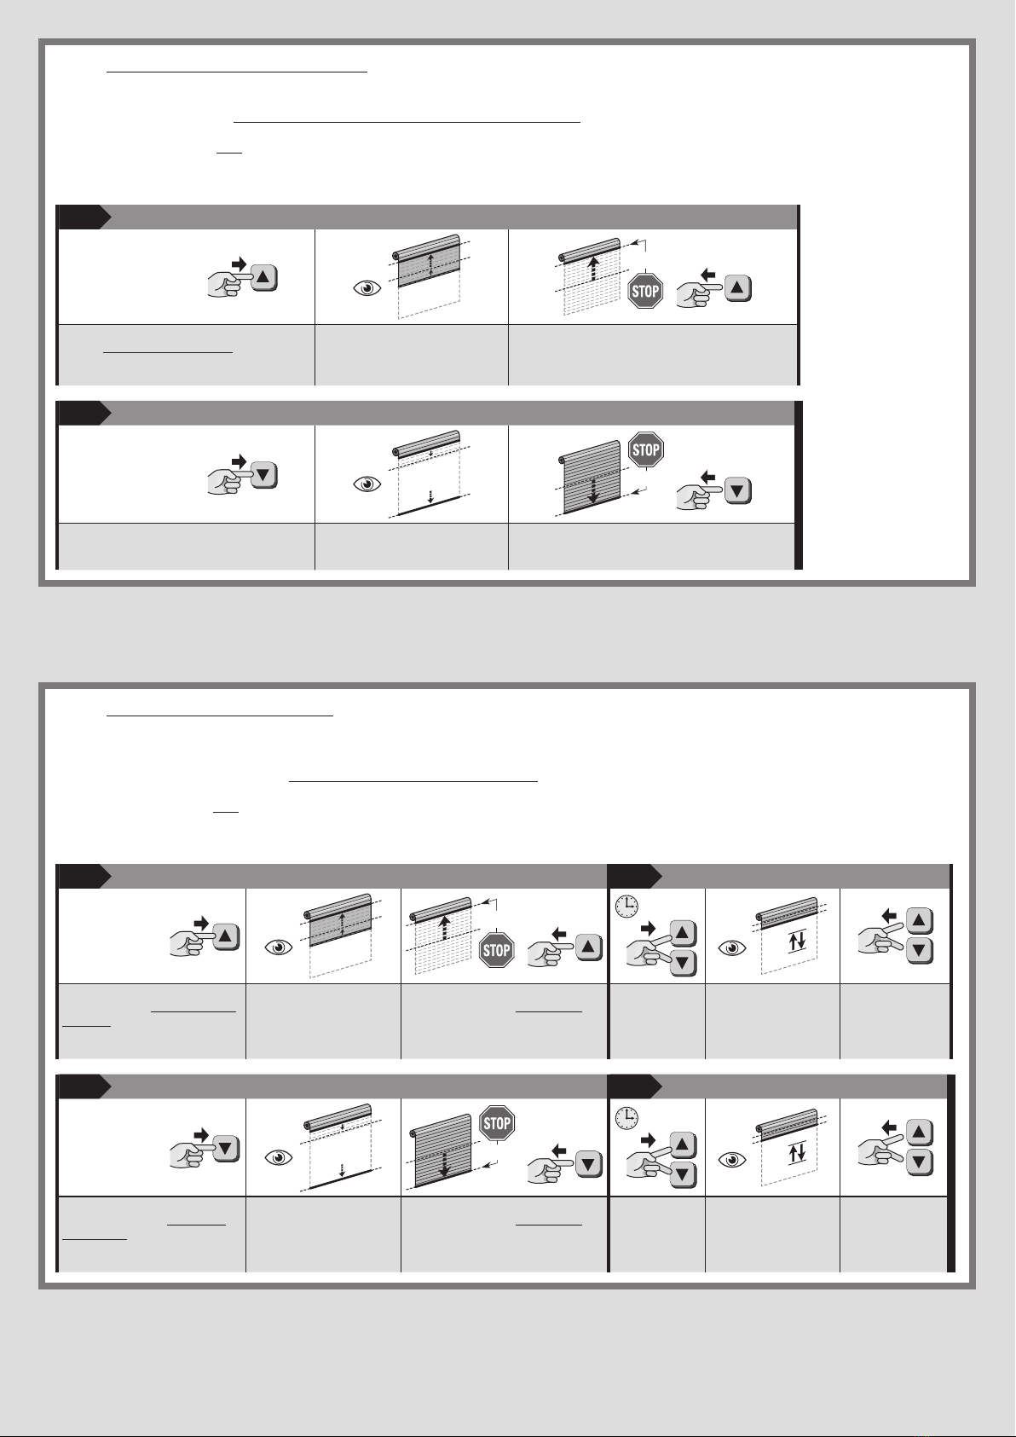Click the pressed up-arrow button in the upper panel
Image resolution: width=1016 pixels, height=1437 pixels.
264,278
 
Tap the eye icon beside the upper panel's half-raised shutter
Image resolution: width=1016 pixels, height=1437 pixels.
367,289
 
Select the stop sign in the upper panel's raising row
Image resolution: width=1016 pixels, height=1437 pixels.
645,292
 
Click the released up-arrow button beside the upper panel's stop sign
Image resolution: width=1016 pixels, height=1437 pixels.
738,288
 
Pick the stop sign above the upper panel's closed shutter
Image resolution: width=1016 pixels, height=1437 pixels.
645,449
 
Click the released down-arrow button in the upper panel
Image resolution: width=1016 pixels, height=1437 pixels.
738,491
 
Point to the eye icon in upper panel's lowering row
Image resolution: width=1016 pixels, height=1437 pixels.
367,484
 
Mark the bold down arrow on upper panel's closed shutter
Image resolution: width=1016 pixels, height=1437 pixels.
593,490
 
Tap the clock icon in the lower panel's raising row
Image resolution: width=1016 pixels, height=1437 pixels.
626,906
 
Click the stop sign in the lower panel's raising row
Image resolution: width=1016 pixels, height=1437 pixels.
496,950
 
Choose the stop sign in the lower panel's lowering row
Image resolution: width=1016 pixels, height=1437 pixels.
497,1123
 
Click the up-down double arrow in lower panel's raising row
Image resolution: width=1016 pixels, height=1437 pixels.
797,942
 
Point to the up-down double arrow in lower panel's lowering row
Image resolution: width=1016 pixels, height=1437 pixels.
797,1154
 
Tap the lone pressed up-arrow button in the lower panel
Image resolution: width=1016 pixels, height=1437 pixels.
226,936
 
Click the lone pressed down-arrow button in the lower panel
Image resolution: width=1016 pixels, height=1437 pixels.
226,1148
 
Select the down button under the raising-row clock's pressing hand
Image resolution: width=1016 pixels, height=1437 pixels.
683,963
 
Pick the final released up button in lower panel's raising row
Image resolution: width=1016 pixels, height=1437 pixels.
919,920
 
